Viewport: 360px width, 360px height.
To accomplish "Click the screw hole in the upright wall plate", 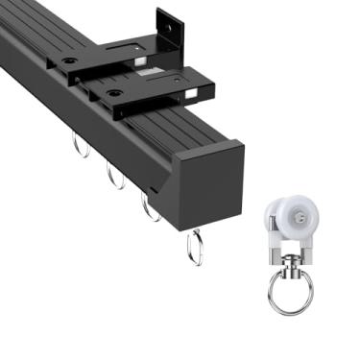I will tap(174, 29).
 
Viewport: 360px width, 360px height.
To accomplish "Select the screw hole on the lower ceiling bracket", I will tap(115, 94).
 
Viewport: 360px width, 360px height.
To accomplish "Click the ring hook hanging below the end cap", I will tap(195, 247).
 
